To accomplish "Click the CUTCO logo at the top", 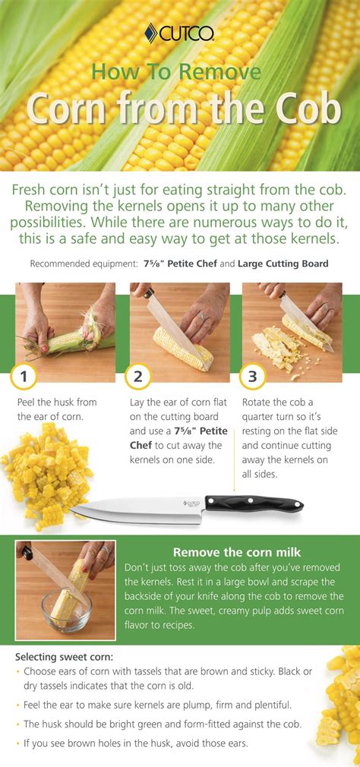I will pyautogui.click(x=179, y=33).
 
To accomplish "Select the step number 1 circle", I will pyautogui.click(x=24, y=376).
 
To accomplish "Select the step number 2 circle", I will pyautogui.click(x=137, y=376).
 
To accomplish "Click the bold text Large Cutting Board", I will pyautogui.click(x=283, y=264).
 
